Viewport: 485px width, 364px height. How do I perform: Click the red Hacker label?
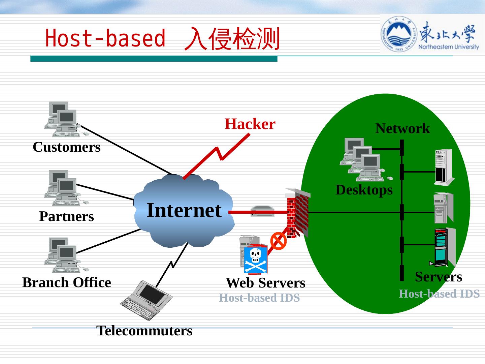pyautogui.click(x=250, y=124)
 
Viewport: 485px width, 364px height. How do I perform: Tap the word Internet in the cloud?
pyautogui.click(x=184, y=210)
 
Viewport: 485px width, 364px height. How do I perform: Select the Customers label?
pyautogui.click(x=67, y=147)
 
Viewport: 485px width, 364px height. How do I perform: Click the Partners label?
pyautogui.click(x=66, y=216)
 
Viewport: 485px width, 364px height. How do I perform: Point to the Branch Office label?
pyautogui.click(x=66, y=282)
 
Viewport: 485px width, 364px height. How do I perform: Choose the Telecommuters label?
pyautogui.click(x=144, y=331)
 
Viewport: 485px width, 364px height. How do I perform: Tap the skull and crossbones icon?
pyautogui.click(x=256, y=260)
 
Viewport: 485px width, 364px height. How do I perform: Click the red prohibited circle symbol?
pyautogui.click(x=279, y=241)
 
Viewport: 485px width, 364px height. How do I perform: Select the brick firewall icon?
pyautogui.click(x=297, y=213)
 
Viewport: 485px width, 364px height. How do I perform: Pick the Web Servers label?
pyautogui.click(x=265, y=283)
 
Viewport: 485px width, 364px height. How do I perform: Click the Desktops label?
pyautogui.click(x=364, y=190)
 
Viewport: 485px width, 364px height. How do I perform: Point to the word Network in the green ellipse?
pyautogui.click(x=402, y=128)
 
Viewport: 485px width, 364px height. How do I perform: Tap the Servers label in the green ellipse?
pyautogui.click(x=438, y=277)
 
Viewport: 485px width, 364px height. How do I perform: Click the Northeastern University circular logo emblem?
pyautogui.click(x=399, y=34)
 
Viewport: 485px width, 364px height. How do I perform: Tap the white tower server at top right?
pyautogui.click(x=444, y=167)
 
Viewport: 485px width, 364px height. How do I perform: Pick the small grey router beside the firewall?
pyautogui.click(x=262, y=211)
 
